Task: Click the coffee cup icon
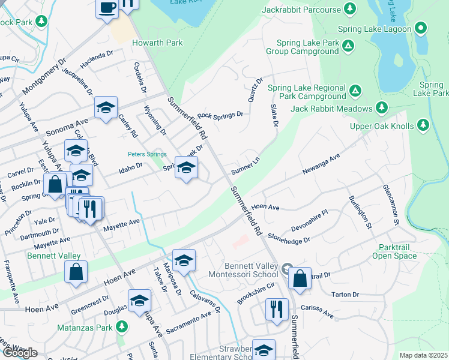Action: (x=107, y=8)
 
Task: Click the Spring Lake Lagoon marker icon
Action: (x=421, y=28)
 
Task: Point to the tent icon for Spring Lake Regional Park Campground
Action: (x=355, y=91)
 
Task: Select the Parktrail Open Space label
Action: (x=397, y=251)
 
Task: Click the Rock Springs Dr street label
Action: (x=220, y=114)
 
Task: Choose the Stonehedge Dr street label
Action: (x=289, y=238)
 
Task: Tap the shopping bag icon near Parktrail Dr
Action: (x=300, y=278)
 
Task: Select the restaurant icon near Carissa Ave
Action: (x=276, y=309)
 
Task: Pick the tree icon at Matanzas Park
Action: (x=122, y=327)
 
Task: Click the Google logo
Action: (x=20, y=353)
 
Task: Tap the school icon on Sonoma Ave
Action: (x=106, y=108)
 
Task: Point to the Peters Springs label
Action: (x=147, y=154)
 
